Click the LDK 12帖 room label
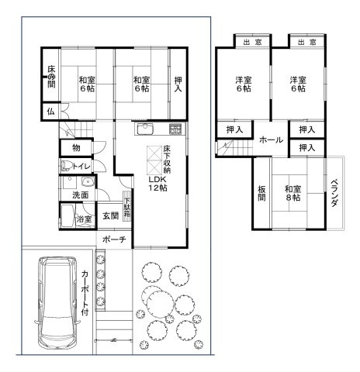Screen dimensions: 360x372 (x=157, y=184)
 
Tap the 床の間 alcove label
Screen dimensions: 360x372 (x=51, y=77)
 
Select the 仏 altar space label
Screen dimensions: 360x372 (x=51, y=112)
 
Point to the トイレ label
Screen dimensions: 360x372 (x=81, y=166)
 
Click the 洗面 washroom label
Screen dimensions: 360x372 (x=81, y=195)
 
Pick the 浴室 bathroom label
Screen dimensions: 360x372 (x=84, y=219)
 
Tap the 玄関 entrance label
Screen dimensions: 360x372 (x=111, y=215)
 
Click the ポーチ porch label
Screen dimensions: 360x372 (x=114, y=239)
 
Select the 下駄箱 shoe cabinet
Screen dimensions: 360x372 (x=127, y=206)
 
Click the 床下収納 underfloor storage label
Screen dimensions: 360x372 (x=167, y=159)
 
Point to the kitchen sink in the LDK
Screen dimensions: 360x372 (x=145, y=129)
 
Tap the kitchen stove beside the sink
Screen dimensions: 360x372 (x=175, y=129)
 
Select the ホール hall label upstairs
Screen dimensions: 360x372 (x=271, y=139)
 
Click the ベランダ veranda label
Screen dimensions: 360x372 (x=334, y=193)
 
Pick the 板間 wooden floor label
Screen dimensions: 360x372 (x=261, y=193)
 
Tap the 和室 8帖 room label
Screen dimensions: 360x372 (x=293, y=193)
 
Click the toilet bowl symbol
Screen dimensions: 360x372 (x=66, y=166)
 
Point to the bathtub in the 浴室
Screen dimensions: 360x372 (x=67, y=216)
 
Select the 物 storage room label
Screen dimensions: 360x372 (x=76, y=148)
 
